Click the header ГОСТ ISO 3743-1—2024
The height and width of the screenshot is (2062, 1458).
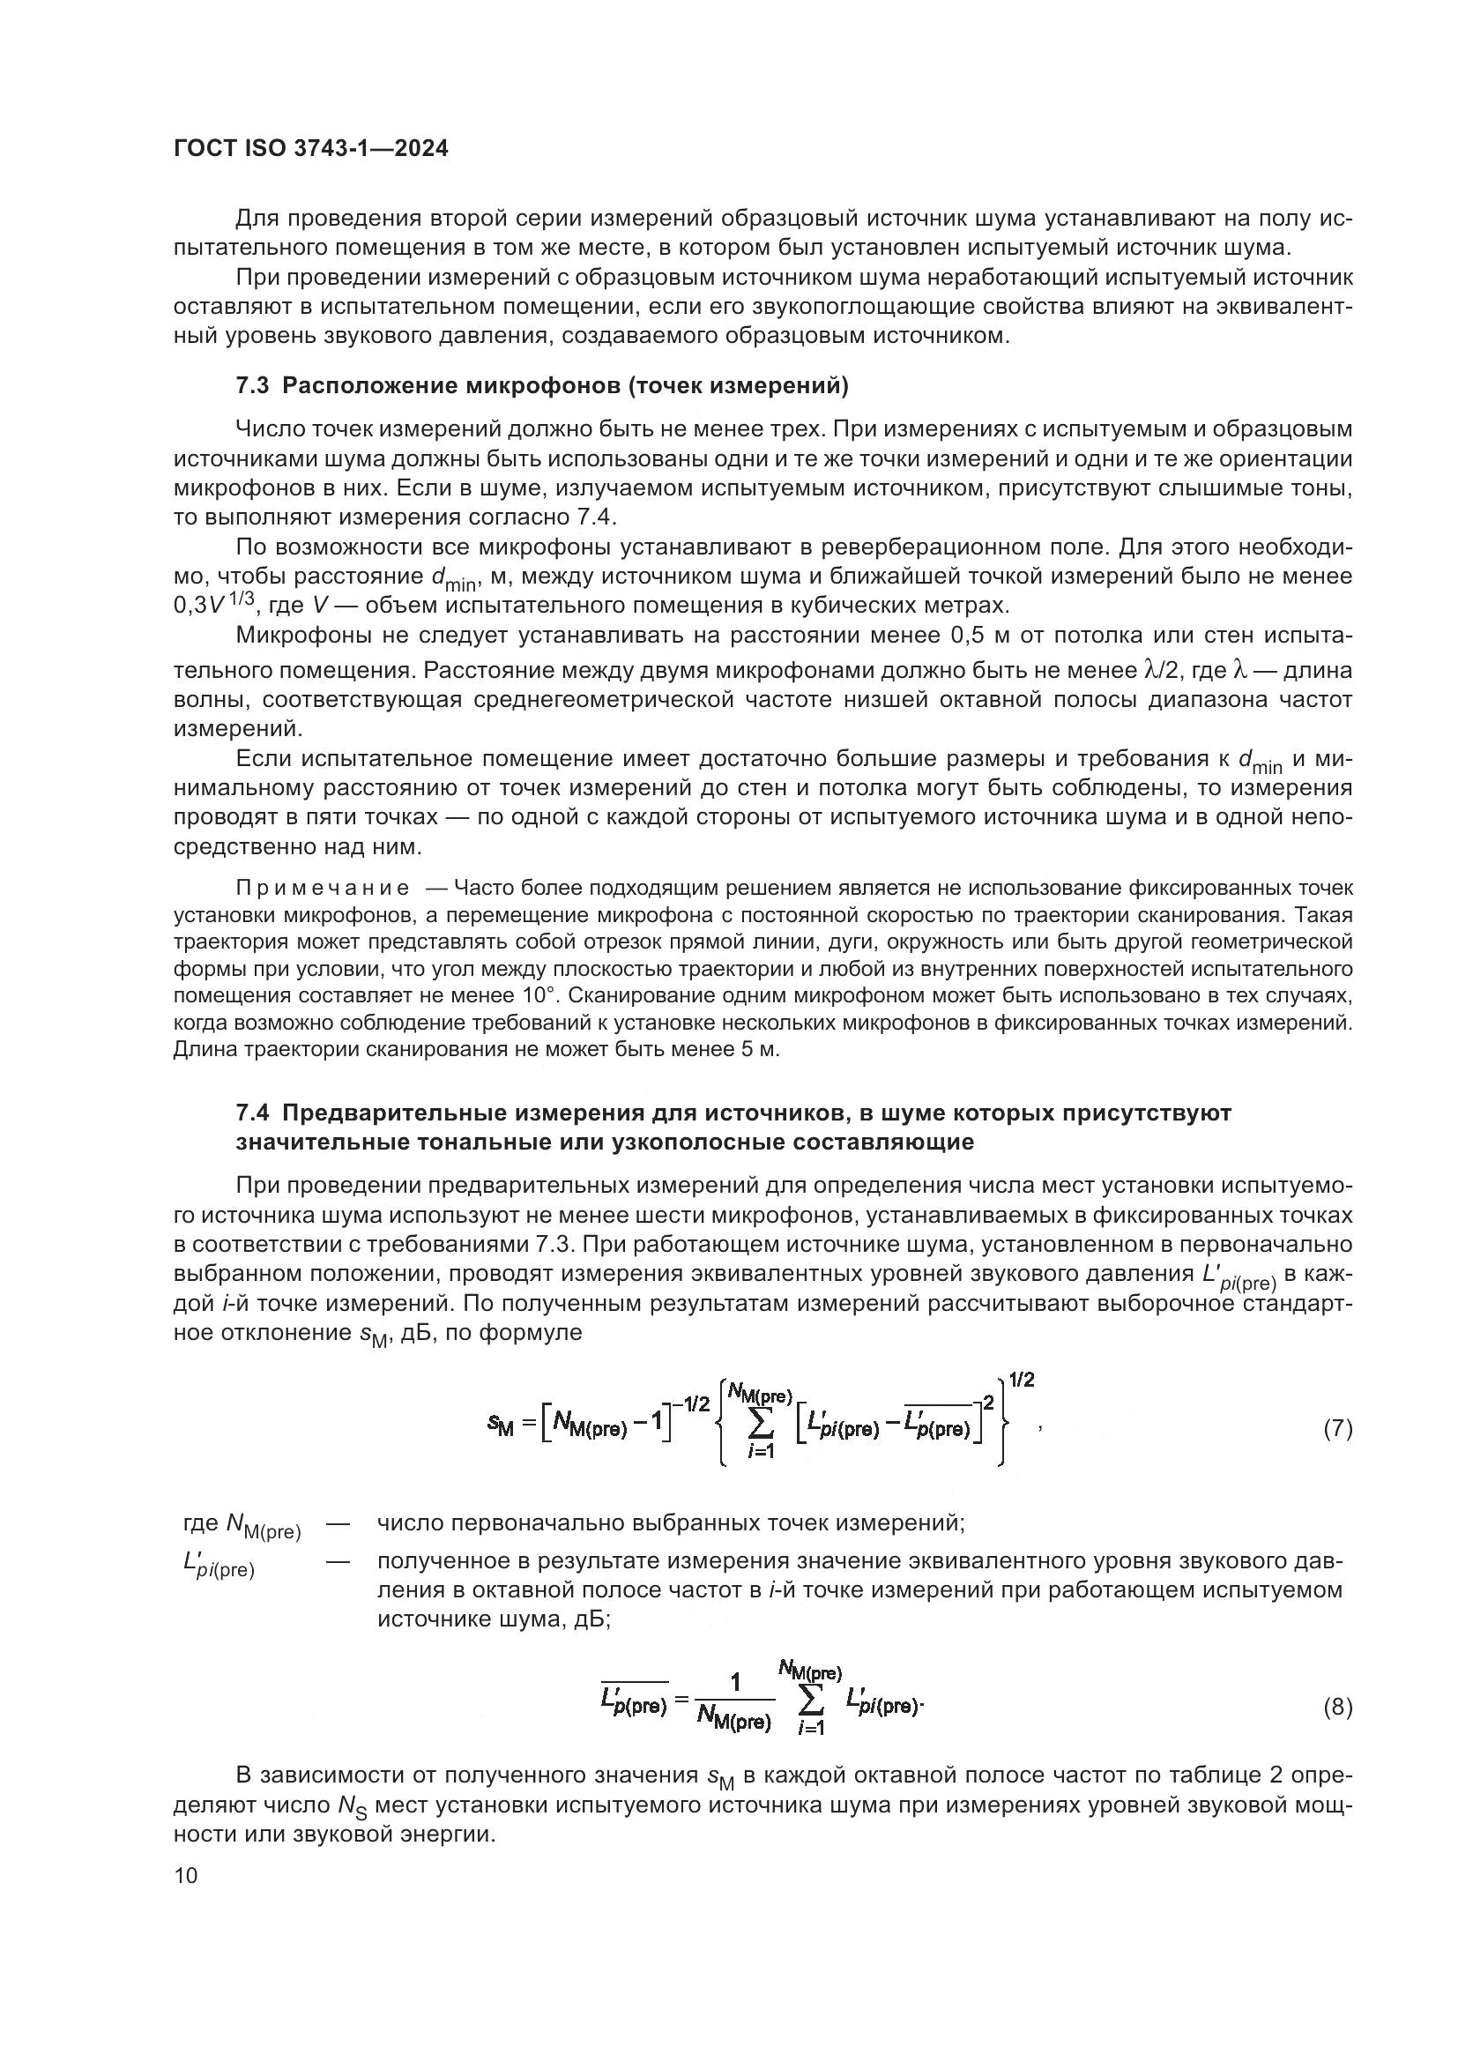pos(310,149)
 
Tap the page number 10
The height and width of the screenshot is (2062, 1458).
pos(185,1875)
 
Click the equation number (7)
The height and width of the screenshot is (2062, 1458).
pos(1337,1429)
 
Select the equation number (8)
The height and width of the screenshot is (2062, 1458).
pos(1337,1708)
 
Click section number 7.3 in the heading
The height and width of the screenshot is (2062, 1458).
pos(252,386)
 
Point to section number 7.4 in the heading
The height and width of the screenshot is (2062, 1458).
pos(252,1113)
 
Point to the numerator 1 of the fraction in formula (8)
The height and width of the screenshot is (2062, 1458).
pos(735,1683)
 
